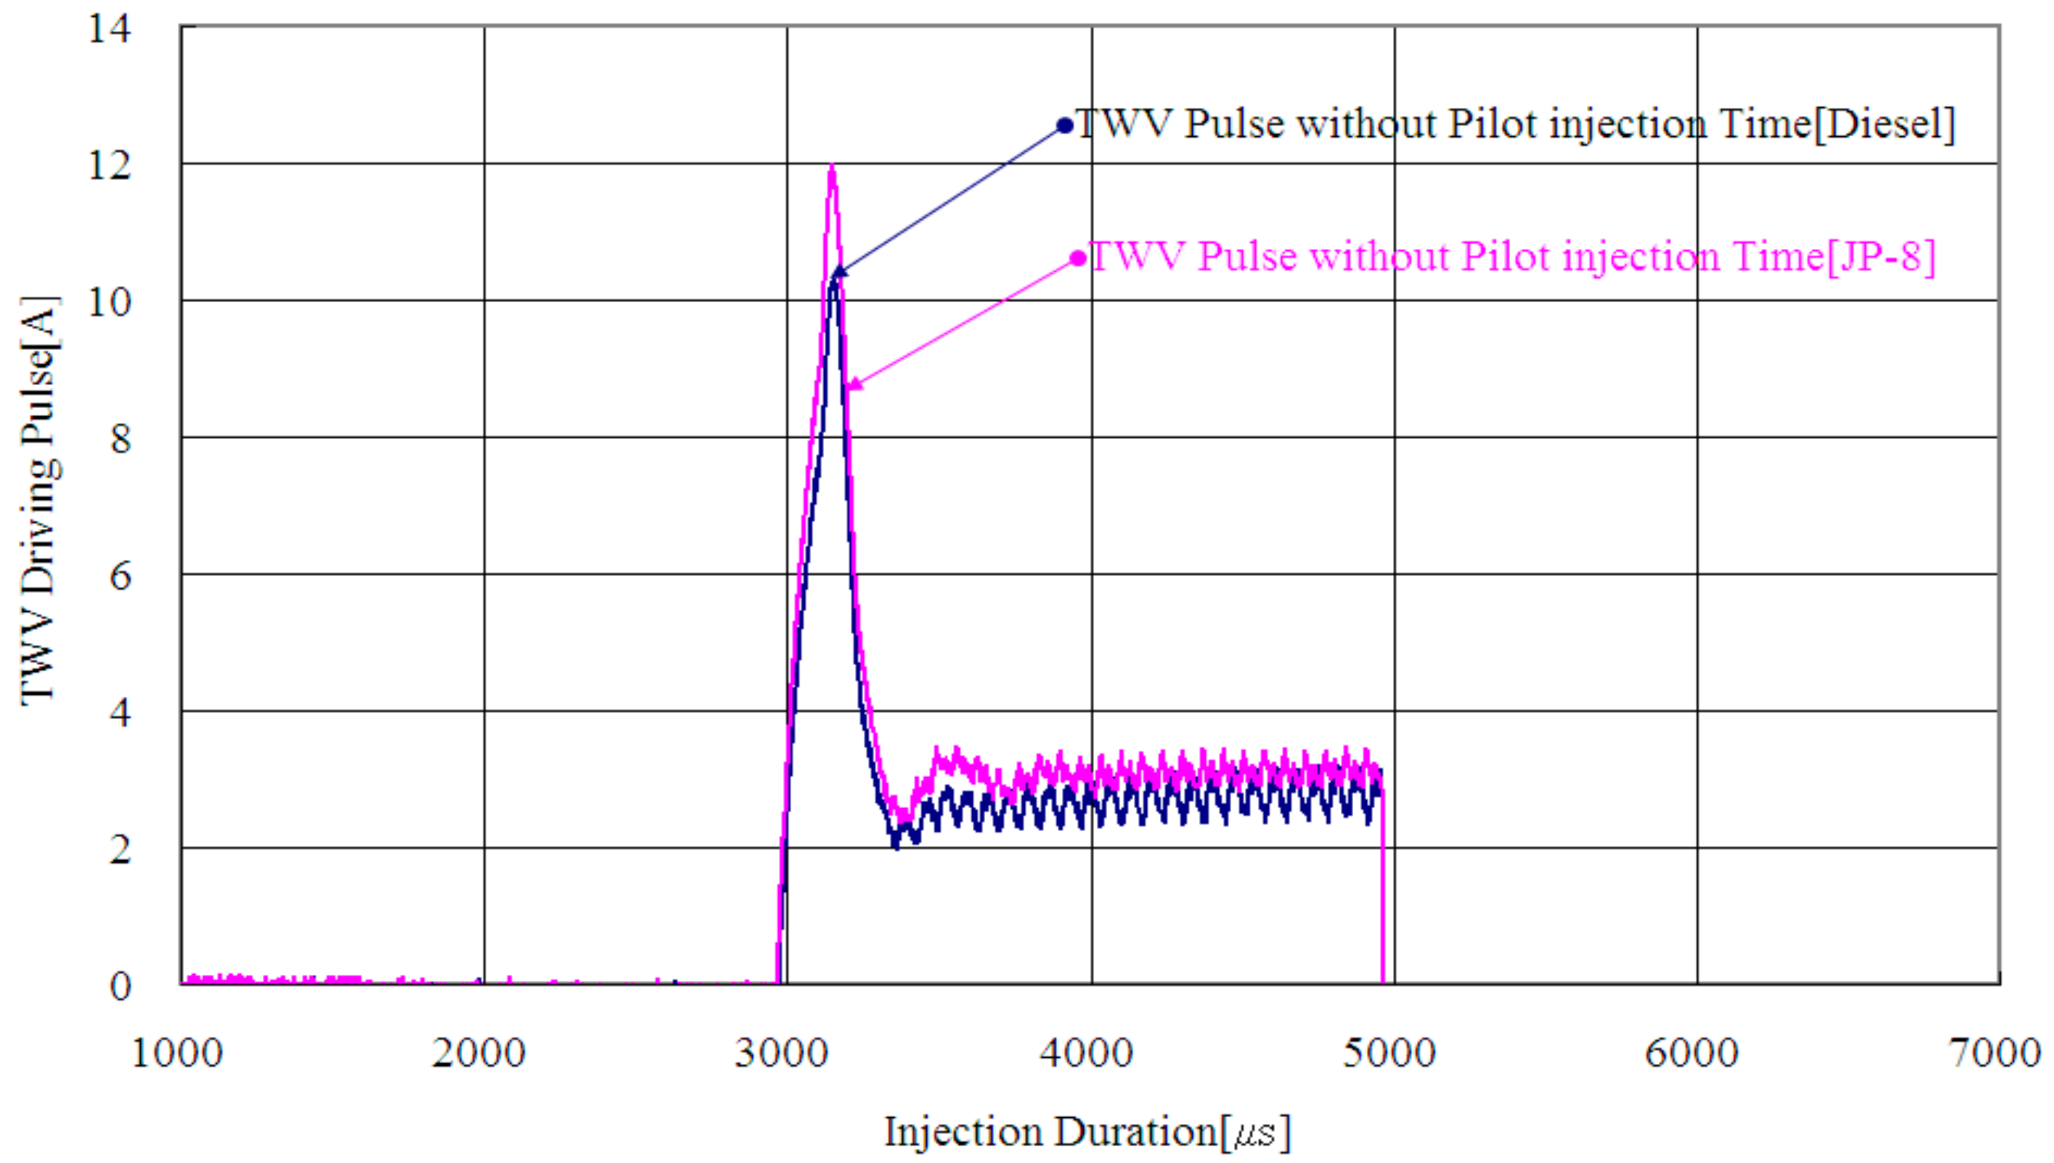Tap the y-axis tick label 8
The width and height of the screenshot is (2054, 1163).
tap(120, 439)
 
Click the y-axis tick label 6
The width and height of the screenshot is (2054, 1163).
tap(120, 576)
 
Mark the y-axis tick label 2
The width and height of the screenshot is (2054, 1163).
tap(120, 849)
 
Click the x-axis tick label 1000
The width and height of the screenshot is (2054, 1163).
tap(177, 1053)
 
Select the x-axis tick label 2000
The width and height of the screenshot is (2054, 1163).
tap(479, 1053)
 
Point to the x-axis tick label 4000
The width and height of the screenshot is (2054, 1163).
tap(1086, 1053)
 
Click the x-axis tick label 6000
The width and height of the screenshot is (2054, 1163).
tap(1692, 1053)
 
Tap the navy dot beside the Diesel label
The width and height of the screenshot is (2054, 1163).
tap(1064, 126)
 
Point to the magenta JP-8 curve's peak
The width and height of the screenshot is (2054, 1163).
tap(832, 168)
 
